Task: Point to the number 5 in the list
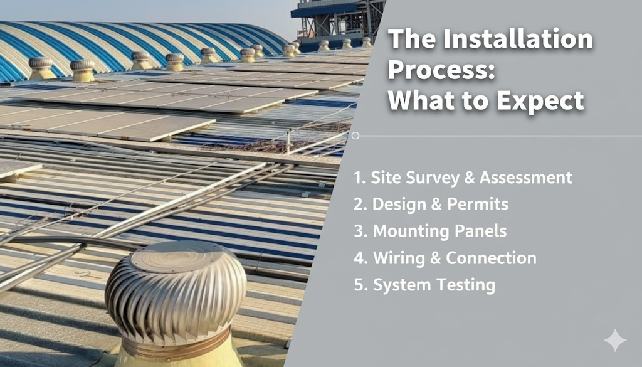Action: pyautogui.click(x=359, y=285)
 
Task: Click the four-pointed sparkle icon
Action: pyautogui.click(x=614, y=340)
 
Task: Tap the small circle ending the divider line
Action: pyautogui.click(x=355, y=136)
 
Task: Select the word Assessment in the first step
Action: pyautogui.click(x=525, y=178)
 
